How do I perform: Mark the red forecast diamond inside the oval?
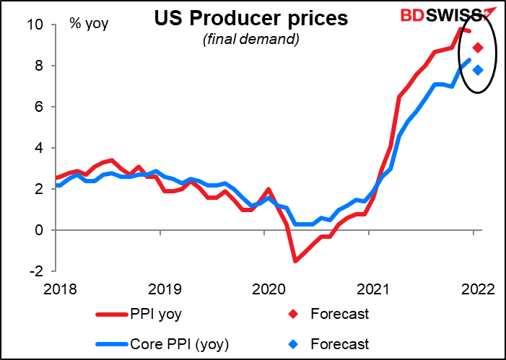point(478,48)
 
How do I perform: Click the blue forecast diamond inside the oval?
point(478,70)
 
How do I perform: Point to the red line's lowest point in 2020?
point(295,260)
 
